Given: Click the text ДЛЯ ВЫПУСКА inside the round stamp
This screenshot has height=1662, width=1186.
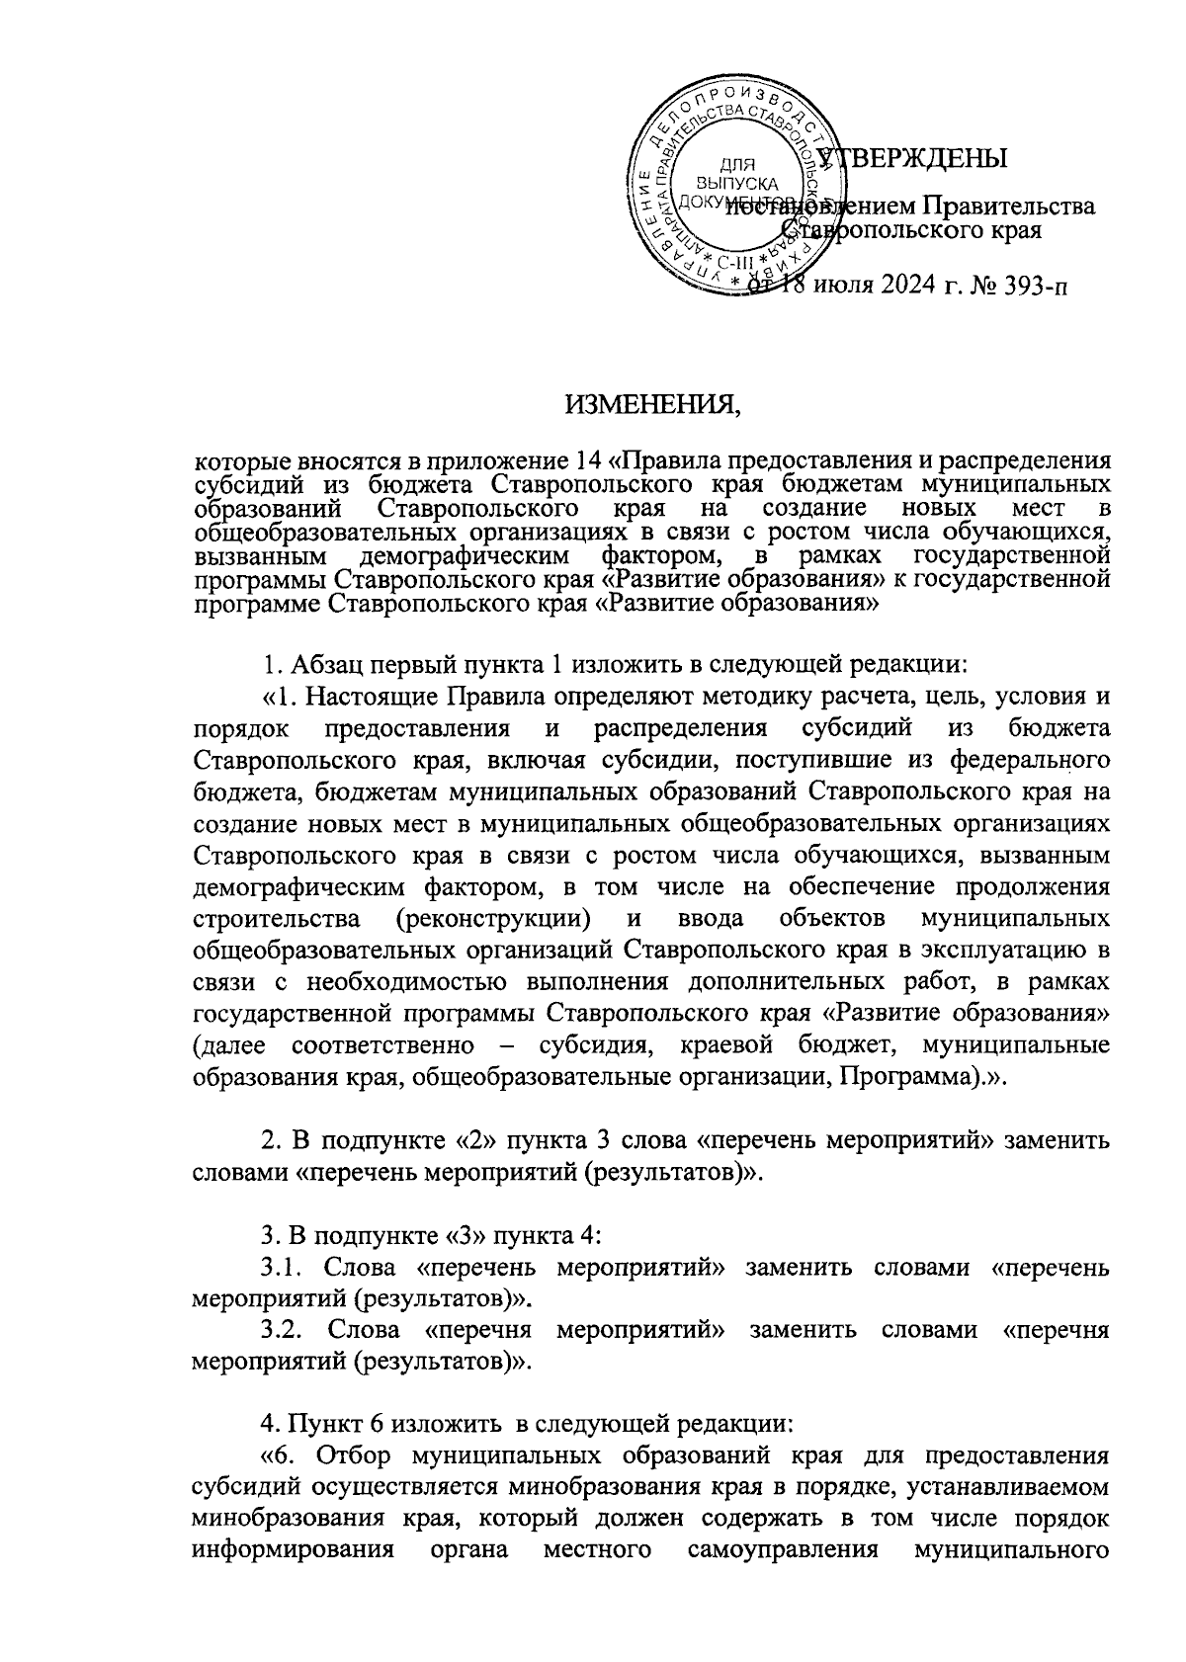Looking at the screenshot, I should (x=736, y=174).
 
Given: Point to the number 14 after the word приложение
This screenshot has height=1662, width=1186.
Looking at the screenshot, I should (x=585, y=460).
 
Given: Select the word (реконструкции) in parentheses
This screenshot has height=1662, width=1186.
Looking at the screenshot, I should (x=493, y=919).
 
